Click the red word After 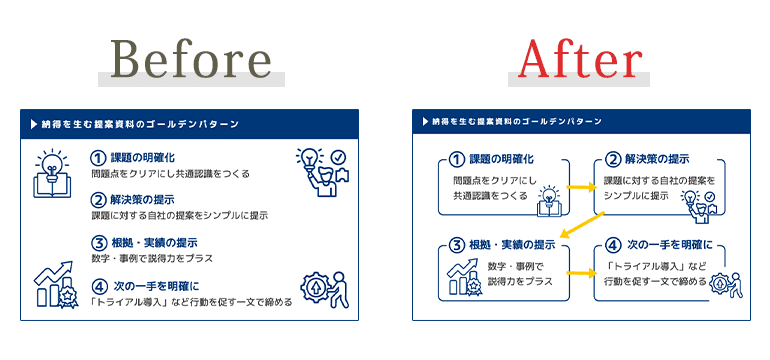point(580,61)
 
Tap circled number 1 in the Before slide point(98,158)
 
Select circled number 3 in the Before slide point(98,243)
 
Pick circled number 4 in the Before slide point(98,286)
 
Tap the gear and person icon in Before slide point(326,287)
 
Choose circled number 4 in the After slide point(612,245)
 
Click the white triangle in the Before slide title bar point(34,124)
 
